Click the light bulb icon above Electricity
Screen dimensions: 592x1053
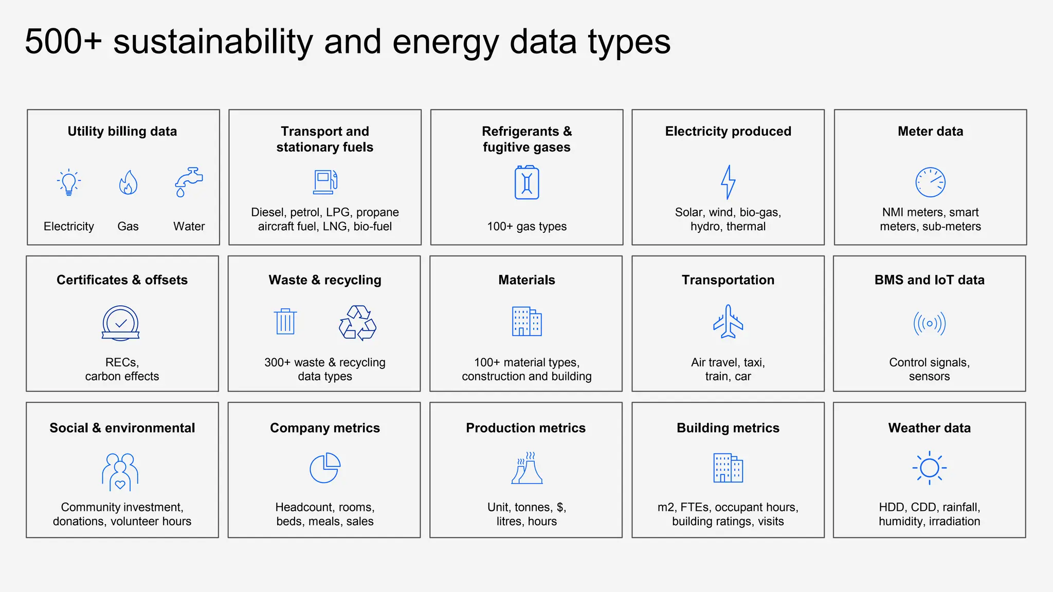pos(69,182)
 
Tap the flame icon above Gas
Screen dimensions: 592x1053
pos(128,182)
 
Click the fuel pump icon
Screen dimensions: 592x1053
pos(325,182)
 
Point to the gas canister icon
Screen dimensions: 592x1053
pos(526,182)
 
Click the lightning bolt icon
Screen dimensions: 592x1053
pos(728,182)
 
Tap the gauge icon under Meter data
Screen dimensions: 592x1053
pos(930,182)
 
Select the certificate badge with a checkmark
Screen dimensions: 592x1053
pos(121,323)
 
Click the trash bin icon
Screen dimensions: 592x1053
pos(285,322)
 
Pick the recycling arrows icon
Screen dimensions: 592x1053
pos(357,323)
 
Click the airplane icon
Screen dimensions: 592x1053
pos(728,322)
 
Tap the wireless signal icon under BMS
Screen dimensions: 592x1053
pos(929,323)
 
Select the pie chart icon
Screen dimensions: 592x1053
pos(325,468)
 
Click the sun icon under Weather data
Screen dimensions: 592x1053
pos(929,468)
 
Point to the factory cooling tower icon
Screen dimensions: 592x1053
pos(527,468)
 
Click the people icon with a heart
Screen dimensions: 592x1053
pos(120,472)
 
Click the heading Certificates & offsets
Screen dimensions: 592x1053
pos(122,280)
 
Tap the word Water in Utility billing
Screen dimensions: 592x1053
pos(189,227)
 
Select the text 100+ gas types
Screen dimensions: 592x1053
pos(526,227)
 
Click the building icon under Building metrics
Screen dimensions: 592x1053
pos(728,468)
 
